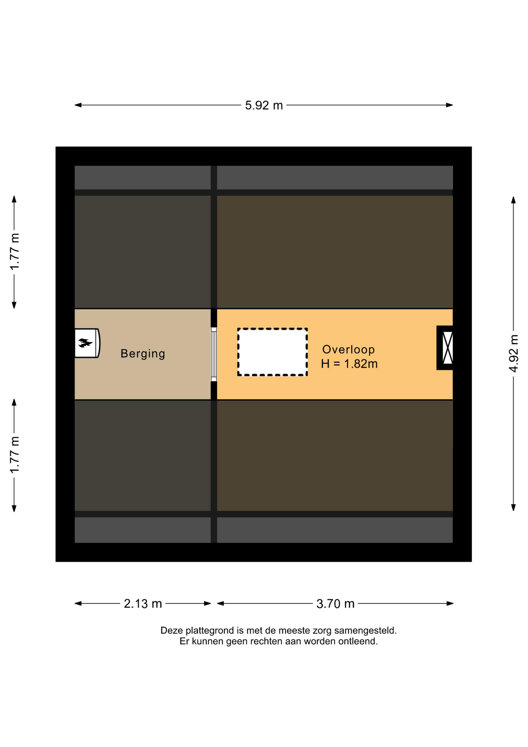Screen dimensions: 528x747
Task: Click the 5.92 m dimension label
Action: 264,105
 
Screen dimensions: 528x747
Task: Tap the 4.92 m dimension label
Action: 514,353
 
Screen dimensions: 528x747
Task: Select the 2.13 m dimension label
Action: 143,603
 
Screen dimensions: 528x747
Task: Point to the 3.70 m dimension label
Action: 335,603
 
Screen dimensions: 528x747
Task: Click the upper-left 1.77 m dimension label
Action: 14,252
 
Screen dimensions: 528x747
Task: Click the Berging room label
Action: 143,354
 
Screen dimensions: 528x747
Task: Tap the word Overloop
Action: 348,349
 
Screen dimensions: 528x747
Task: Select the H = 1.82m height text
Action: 349,364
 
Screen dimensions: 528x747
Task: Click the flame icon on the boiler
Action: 85,343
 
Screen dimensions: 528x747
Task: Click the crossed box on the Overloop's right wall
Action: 448,348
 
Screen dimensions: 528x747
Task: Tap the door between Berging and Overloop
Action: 214,354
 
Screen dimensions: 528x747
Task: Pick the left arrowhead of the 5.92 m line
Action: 78,105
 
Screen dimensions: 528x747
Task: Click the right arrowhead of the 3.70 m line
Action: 450,603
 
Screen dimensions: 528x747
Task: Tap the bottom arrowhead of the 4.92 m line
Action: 513,507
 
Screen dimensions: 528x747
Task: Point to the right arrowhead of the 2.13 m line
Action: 207,603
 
